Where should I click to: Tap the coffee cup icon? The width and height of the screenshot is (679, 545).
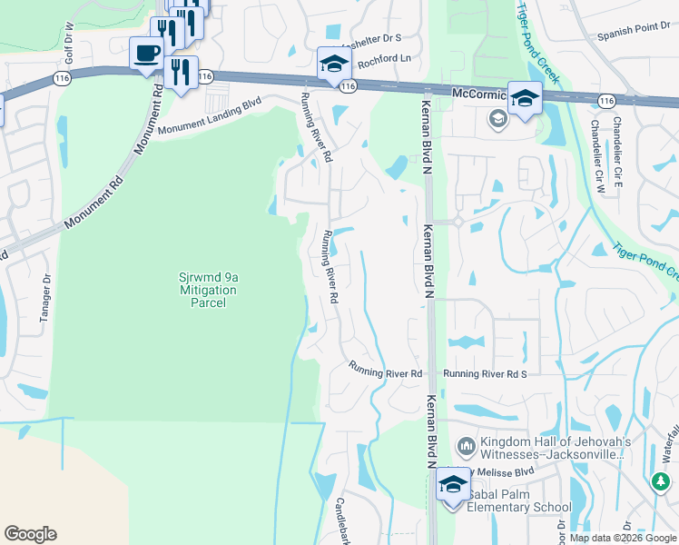145,53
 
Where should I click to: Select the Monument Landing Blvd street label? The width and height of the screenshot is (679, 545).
210,117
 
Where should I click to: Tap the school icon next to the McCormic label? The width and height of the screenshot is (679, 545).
525,98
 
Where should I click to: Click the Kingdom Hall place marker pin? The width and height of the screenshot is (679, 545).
467,446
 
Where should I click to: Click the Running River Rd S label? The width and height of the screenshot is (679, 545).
485,373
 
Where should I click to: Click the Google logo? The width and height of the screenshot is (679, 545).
30,534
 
